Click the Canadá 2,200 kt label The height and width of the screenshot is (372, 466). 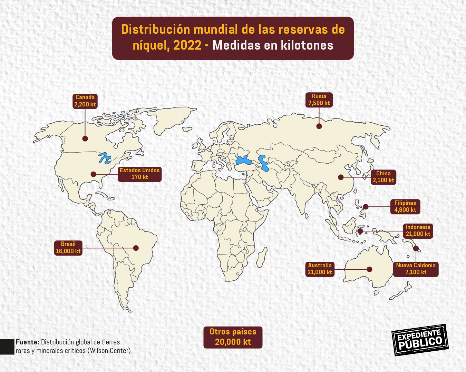click(85, 101)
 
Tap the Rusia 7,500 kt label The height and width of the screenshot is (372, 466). click(319, 100)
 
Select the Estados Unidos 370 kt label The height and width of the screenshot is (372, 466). click(139, 174)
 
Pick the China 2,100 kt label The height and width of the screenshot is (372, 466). click(383, 177)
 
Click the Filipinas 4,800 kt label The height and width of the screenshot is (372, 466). click(405, 206)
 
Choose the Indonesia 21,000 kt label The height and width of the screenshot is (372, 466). click(418, 230)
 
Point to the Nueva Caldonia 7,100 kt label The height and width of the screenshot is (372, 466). click(416, 269)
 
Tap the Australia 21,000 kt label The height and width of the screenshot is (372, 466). click(320, 269)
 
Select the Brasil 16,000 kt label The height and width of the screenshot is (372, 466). click(68, 248)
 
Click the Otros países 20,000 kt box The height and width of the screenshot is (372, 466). click(233, 337)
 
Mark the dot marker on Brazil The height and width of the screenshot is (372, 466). click(136, 248)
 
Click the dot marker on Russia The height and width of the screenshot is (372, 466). click(319, 126)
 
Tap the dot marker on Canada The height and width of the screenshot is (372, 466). click(85, 138)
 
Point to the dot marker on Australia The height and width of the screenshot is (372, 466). click(369, 269)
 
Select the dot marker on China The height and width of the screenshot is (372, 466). click(341, 177)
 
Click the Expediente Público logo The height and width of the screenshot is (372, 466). click(420, 340)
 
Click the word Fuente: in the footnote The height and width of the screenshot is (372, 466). click(27, 342)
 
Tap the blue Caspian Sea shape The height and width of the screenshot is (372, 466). click(264, 163)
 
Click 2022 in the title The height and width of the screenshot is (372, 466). click(187, 45)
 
